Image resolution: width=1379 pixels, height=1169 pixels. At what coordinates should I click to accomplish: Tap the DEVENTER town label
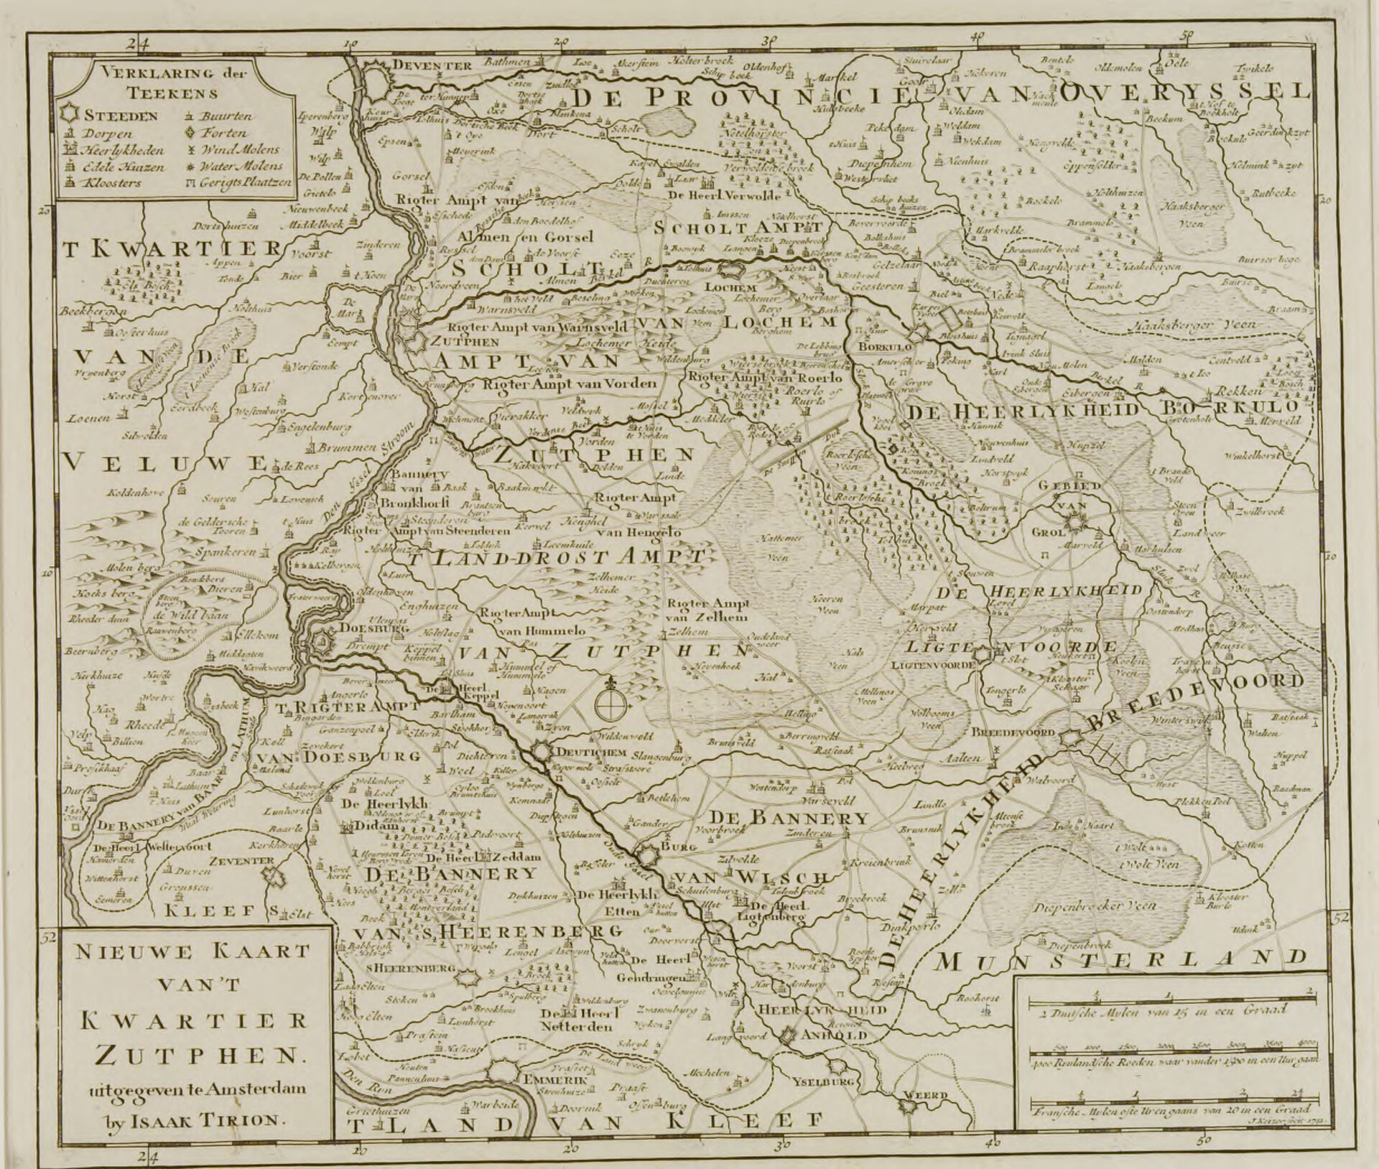tap(430, 65)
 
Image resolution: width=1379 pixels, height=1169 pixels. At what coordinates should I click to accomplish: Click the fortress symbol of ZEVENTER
tap(272, 876)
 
